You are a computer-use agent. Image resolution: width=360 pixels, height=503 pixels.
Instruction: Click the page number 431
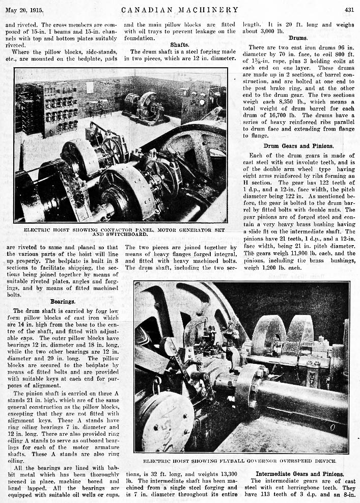pyautogui.click(x=349, y=9)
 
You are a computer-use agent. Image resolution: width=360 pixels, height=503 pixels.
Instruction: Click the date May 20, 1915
pyautogui.click(x=24, y=10)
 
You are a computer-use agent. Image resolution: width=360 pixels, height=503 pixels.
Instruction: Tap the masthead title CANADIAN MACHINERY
pyautogui.click(x=180, y=9)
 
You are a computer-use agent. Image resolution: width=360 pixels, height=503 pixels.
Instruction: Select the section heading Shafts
pyautogui.click(x=180, y=44)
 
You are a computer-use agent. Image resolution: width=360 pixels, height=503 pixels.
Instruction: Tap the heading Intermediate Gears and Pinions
pyautogui.click(x=300, y=473)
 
